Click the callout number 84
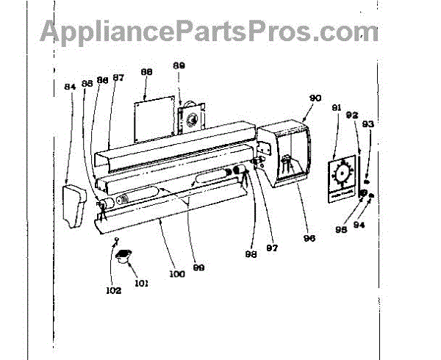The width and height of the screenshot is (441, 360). tap(70, 87)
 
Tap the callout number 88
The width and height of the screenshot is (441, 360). tap(146, 72)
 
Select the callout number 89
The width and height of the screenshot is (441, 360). tap(179, 65)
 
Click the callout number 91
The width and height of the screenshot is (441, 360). tap(336, 109)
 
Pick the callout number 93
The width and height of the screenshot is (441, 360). tap(368, 124)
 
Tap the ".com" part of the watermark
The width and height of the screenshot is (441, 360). tap(345, 32)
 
